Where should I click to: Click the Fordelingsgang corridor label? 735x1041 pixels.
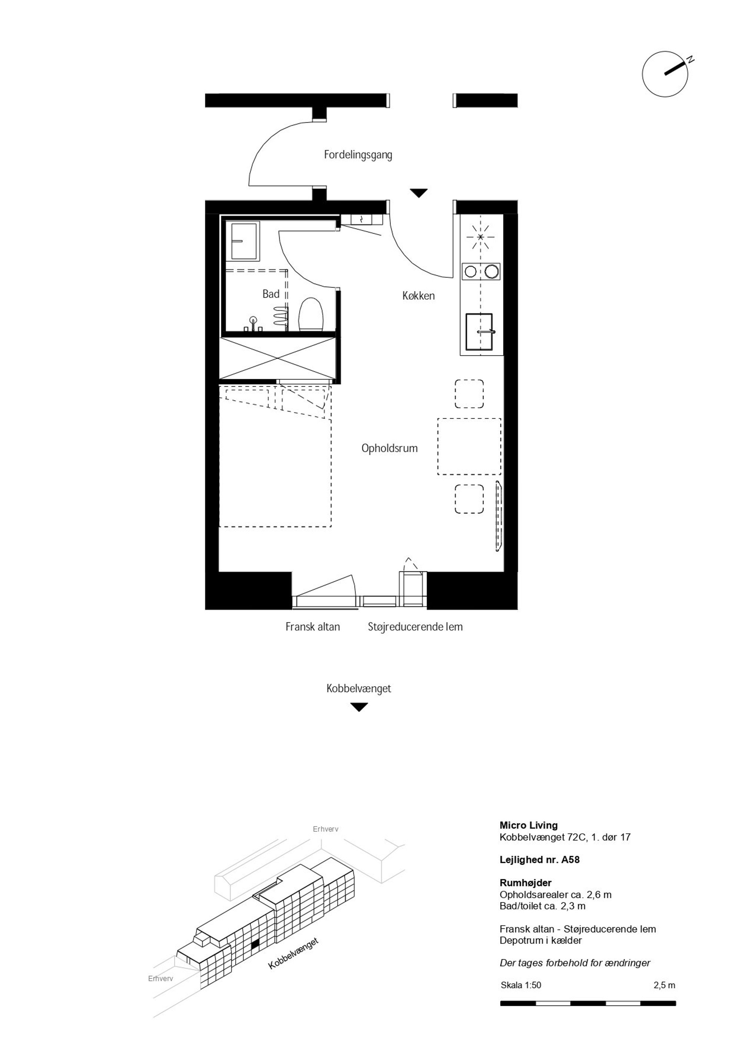(x=358, y=155)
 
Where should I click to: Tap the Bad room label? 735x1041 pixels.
(x=271, y=294)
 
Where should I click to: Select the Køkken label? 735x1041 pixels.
(x=418, y=295)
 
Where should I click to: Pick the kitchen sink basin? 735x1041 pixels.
(x=479, y=332)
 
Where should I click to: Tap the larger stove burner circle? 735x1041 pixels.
(x=492, y=272)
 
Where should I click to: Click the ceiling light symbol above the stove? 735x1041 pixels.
(x=481, y=237)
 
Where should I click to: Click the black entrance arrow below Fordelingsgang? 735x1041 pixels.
(x=419, y=193)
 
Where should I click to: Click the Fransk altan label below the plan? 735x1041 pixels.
(x=313, y=627)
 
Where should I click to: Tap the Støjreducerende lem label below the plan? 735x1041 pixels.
(x=415, y=627)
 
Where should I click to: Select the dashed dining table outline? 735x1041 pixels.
(x=469, y=447)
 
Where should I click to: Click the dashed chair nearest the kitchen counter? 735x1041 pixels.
(x=469, y=394)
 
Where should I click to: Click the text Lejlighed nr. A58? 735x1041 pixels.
(x=539, y=860)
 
